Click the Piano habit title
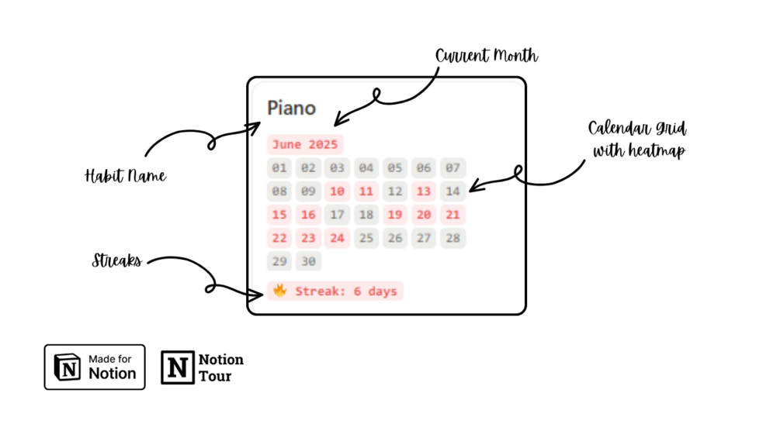291,108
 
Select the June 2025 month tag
305,144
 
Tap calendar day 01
279,167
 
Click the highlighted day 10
337,191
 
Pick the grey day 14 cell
452,191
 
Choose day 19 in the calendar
395,215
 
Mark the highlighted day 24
337,238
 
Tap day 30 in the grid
308,261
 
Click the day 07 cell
452,167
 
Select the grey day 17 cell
337,215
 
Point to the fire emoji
280,291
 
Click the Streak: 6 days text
346,291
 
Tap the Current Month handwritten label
487,56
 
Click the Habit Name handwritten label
125,176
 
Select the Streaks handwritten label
116,260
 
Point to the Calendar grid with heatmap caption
638,140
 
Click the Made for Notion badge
95,367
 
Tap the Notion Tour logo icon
178,367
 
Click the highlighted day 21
452,215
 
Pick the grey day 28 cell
452,238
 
